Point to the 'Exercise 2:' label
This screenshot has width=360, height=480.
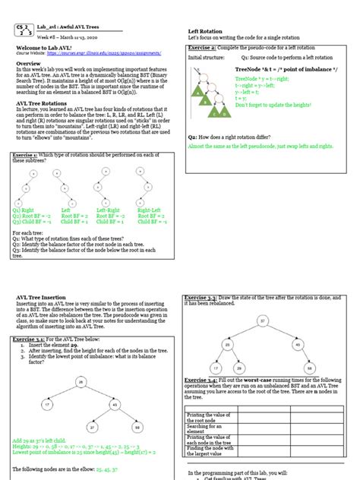[x=201, y=48]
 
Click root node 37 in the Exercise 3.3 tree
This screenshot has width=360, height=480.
[x=262, y=321]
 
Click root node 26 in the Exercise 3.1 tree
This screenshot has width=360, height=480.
[x=80, y=381]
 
